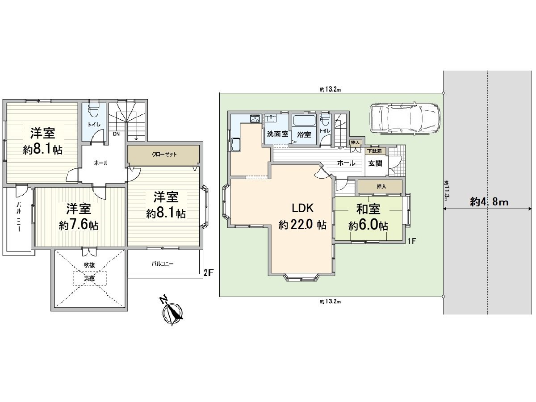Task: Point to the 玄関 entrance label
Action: point(375,163)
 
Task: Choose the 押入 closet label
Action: point(381,186)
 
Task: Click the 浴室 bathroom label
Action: point(304,134)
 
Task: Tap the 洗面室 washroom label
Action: point(277,134)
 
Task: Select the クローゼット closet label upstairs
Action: point(164,155)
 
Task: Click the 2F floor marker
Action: point(207,273)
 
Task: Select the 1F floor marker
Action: point(411,242)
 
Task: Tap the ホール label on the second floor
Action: point(100,163)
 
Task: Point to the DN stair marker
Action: point(116,134)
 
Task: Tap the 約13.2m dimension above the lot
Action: point(331,90)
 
